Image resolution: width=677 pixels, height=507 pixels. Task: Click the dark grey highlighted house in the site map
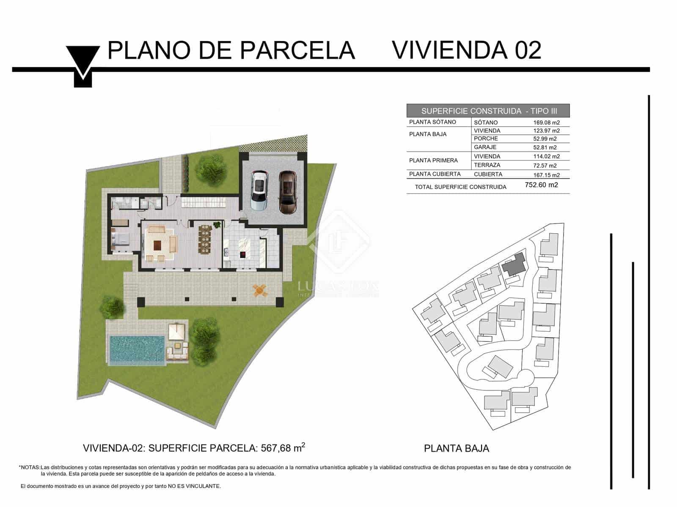(x=515, y=264)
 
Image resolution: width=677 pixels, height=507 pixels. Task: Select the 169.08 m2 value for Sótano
(x=546, y=123)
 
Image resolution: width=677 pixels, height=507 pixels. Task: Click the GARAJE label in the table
(x=485, y=147)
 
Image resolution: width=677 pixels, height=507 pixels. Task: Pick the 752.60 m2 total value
(x=541, y=185)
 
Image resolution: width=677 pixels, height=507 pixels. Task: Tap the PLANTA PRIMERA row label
(x=433, y=161)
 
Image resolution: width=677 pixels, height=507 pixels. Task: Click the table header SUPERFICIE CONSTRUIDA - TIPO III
(x=488, y=111)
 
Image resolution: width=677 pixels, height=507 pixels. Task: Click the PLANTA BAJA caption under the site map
(x=456, y=448)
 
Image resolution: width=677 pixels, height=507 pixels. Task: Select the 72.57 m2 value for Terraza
(x=545, y=166)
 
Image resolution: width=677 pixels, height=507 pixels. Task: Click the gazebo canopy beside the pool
(x=177, y=332)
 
